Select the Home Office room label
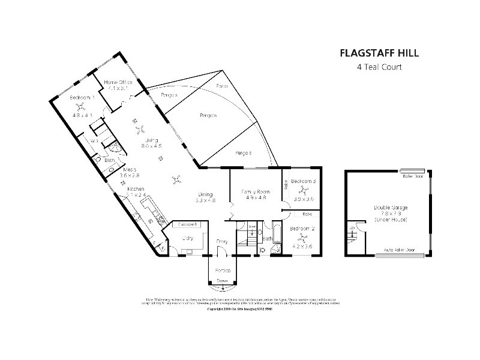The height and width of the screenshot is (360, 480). pyautogui.click(x=118, y=82)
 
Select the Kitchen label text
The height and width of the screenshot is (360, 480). pyautogui.click(x=136, y=189)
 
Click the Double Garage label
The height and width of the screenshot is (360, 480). pyautogui.click(x=391, y=208)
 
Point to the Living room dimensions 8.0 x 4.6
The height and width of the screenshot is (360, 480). pyautogui.click(x=151, y=146)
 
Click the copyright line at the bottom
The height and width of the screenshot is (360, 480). pyautogui.click(x=240, y=310)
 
